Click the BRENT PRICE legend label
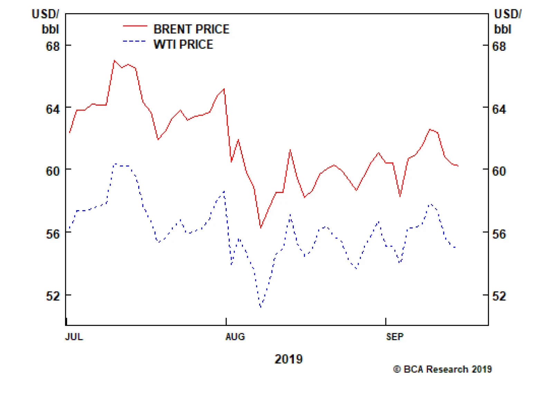click(x=191, y=29)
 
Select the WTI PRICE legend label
click(x=183, y=45)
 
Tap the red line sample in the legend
click(x=135, y=26)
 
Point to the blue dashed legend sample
click(x=135, y=41)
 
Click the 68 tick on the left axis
click(x=53, y=46)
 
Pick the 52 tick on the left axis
click(x=53, y=296)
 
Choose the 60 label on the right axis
click(x=499, y=171)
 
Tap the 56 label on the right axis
click(x=499, y=234)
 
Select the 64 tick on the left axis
click(x=53, y=109)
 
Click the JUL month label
click(x=74, y=337)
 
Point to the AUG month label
click(x=235, y=337)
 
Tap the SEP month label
click(x=394, y=337)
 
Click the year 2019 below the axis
click(x=289, y=359)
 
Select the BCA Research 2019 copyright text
click(x=442, y=369)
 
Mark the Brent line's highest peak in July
click(x=114, y=61)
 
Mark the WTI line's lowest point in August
click(x=261, y=307)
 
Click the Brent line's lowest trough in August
click(x=261, y=227)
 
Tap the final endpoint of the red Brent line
click(x=458, y=166)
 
